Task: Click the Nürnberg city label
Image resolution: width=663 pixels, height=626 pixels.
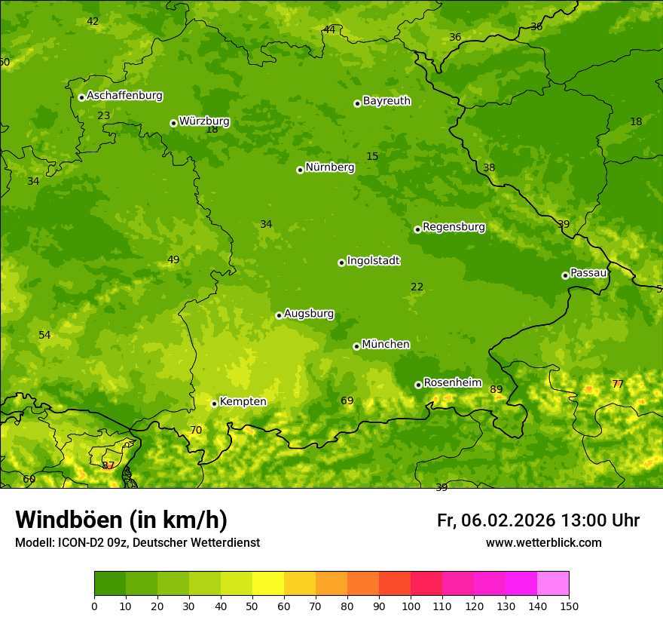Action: tap(329, 167)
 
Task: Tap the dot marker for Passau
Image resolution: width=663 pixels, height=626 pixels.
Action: tap(565, 275)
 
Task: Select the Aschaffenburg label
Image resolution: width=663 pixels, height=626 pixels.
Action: tap(124, 96)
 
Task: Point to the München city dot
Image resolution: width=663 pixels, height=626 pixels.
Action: tap(356, 346)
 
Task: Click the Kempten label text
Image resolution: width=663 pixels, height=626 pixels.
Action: tap(243, 401)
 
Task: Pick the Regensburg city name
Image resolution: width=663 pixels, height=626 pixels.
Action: tap(454, 227)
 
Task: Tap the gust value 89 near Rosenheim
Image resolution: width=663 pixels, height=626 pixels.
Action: tap(496, 390)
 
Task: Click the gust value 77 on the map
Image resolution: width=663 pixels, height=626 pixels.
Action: tap(618, 384)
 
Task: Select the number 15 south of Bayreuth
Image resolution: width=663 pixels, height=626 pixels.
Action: tap(372, 156)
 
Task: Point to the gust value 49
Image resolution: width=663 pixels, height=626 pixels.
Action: tap(173, 260)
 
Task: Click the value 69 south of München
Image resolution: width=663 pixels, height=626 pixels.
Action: tap(347, 400)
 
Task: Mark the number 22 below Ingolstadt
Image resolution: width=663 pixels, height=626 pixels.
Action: tap(417, 287)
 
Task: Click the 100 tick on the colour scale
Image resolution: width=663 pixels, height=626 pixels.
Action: tap(411, 606)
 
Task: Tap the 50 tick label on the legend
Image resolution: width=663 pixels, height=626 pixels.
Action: tap(252, 606)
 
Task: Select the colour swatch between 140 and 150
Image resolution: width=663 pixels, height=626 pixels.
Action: tap(553, 584)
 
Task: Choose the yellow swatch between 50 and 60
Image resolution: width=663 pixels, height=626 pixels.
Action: tap(268, 584)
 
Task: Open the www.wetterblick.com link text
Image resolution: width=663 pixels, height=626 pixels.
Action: tap(543, 542)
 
